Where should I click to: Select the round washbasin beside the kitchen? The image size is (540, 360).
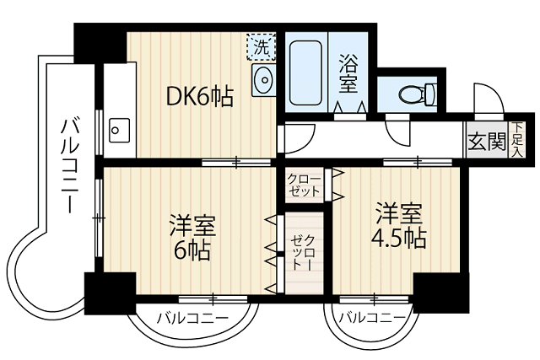(263, 82)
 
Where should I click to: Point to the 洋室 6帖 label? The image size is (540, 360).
(192, 239)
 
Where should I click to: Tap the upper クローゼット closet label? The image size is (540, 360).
(304, 184)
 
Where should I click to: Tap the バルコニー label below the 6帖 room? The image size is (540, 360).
(192, 319)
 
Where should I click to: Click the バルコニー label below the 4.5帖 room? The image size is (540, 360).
(370, 319)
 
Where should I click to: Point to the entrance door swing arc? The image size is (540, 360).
(488, 99)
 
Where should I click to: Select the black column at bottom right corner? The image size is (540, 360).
(440, 293)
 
